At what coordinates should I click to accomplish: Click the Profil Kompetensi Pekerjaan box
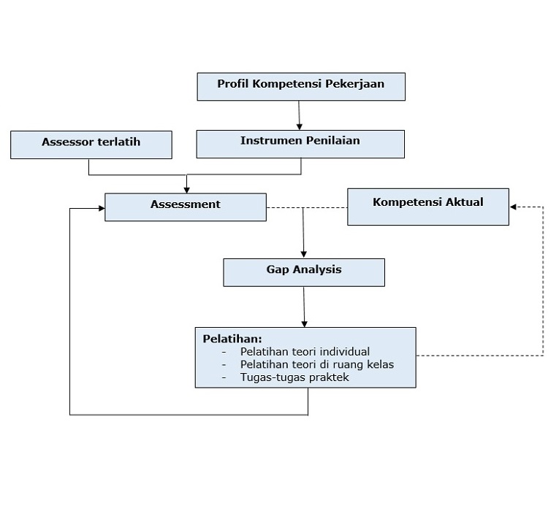[x=300, y=86]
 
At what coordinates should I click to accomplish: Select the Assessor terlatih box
[x=91, y=144]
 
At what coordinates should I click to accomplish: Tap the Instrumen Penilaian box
[x=300, y=144]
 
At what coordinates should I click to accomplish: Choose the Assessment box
[x=185, y=207]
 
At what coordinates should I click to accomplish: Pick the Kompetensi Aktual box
[x=427, y=207]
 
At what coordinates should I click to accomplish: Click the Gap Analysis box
[x=303, y=272]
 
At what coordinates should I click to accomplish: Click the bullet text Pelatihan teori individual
[x=305, y=351]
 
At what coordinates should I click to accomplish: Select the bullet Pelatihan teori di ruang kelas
[x=317, y=364]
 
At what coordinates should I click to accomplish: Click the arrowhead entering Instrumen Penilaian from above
[x=300, y=126]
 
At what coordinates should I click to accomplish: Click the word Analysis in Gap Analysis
[x=317, y=269]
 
